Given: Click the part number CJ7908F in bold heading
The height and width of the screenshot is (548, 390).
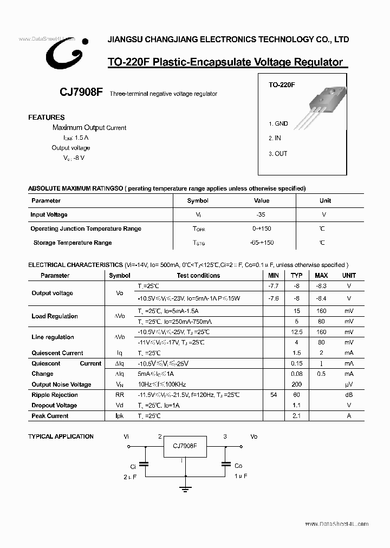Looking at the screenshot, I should pyautogui.click(x=81, y=93).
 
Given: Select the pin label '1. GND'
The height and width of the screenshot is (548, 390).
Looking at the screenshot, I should pyautogui.click(x=278, y=123).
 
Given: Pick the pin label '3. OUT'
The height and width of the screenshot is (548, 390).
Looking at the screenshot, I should pyautogui.click(x=278, y=153).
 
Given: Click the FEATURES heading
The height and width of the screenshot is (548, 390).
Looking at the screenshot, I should pyautogui.click(x=47, y=117).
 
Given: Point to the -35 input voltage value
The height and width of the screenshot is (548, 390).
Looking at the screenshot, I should pyautogui.click(x=261, y=214).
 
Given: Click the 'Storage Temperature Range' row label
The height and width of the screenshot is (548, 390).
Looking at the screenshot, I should pyautogui.click(x=73, y=243).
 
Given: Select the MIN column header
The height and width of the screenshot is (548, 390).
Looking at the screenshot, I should pyautogui.click(x=274, y=275).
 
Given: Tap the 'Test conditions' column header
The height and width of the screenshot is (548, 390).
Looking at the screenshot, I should pyautogui.click(x=198, y=275).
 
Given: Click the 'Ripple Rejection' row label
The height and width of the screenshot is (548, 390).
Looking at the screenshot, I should pyautogui.click(x=54, y=395).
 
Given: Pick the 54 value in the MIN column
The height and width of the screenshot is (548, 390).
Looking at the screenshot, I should pyautogui.click(x=274, y=395).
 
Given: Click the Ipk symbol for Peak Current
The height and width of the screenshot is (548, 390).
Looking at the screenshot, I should pyautogui.click(x=120, y=416).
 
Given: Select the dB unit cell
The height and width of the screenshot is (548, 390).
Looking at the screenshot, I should pyautogui.click(x=349, y=395).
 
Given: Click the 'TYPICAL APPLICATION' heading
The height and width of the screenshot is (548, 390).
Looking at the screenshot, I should pyautogui.click(x=61, y=436).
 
